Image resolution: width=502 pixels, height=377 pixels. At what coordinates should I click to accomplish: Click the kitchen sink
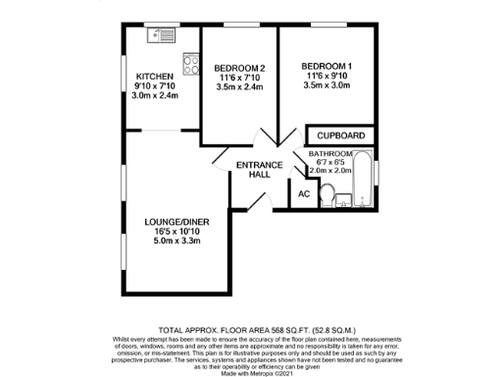point(160,36)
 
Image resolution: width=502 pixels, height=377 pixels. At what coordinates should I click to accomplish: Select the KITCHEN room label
point(155,77)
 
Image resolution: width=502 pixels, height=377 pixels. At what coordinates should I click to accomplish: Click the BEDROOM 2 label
point(239,68)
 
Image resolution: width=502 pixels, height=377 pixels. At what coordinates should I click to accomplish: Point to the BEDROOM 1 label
point(327,67)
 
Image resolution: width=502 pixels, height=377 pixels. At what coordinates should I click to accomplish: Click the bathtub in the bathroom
point(362,182)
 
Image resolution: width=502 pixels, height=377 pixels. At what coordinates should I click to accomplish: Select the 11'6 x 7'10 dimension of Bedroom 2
point(239,78)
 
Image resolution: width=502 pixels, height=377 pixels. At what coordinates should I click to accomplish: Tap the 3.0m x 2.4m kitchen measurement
point(155,95)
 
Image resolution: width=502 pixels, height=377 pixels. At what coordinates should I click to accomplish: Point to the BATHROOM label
point(331,154)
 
